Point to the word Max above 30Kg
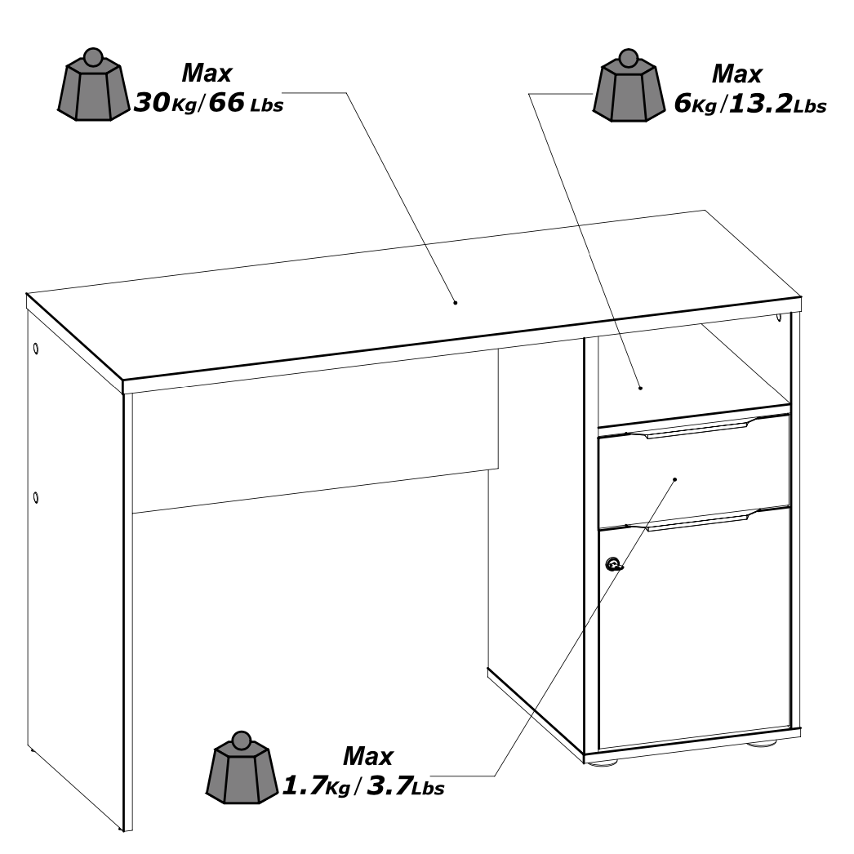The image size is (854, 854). pyautogui.click(x=206, y=73)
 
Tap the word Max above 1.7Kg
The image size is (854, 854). pyautogui.click(x=367, y=756)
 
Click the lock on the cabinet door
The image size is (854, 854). pyautogui.click(x=614, y=564)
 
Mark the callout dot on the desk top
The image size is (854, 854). pyautogui.click(x=456, y=303)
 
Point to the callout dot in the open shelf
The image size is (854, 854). pyautogui.click(x=641, y=388)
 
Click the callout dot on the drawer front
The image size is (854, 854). pyautogui.click(x=674, y=479)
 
